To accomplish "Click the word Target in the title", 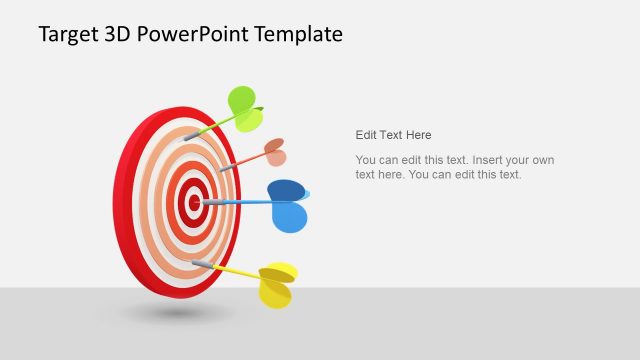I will click(68, 35).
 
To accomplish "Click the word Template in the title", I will click(298, 35).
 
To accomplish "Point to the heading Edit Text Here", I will click(393, 135).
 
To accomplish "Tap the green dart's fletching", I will click(243, 105).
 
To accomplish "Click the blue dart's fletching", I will click(288, 205).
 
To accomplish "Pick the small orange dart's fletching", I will click(274, 151).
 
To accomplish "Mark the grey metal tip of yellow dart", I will click(201, 264).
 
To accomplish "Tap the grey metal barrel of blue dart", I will click(211, 202).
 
